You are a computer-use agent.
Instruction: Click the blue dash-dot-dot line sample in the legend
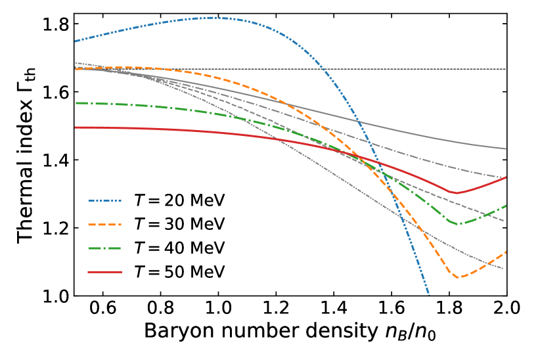coord(104,200)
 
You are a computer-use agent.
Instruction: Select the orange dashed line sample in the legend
coord(104,225)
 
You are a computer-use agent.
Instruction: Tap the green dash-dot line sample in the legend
coord(104,248)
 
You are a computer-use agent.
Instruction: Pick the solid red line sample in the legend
coord(104,272)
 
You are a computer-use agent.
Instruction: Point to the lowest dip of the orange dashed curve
coord(458,277)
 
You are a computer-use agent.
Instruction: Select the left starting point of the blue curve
coord(76,41)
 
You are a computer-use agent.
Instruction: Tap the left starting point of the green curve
coord(76,103)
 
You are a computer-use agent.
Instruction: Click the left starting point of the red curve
coord(76,127)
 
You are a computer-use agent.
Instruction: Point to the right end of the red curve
coord(506,177)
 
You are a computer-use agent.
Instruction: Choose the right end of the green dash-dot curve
coord(506,206)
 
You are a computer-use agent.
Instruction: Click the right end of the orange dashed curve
coord(506,252)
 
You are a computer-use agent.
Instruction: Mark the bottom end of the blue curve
coord(429,294)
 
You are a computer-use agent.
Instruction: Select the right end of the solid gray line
coord(506,148)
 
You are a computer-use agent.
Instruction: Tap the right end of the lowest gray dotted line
coord(503,269)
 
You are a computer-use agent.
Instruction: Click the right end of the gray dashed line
coord(504,221)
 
